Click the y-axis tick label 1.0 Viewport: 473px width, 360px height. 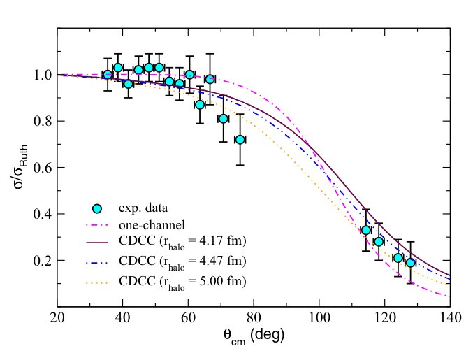[x=41, y=75]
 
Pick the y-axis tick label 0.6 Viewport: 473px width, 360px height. [x=41, y=168]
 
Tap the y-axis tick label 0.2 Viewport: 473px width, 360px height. [x=41, y=261]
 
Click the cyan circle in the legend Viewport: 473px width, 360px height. [x=97, y=208]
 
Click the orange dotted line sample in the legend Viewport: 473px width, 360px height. [x=97, y=281]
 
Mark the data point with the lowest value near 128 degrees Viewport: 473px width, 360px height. [x=411, y=263]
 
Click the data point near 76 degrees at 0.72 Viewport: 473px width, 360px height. [x=240, y=140]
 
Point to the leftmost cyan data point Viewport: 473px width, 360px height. [x=108, y=75]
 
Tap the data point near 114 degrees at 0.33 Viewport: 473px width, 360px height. [x=365, y=230]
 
